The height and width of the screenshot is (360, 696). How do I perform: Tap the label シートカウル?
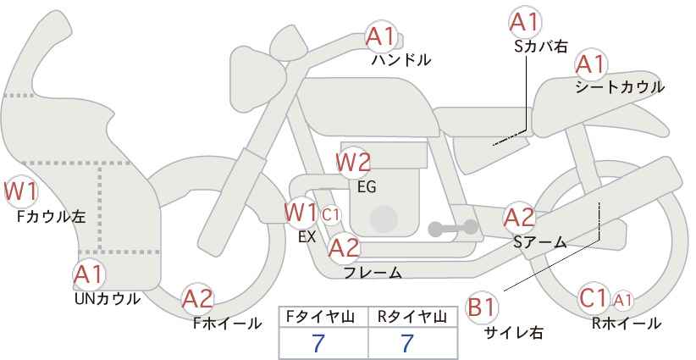coord(619,86)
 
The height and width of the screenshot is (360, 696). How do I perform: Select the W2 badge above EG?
coord(353,161)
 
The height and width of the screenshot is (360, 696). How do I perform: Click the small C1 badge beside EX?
coord(331,213)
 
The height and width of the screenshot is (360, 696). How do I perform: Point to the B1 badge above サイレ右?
coord(484,307)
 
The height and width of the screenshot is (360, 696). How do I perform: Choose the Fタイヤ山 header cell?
coord(323,316)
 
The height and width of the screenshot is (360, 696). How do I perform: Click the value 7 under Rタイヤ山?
coord(406,343)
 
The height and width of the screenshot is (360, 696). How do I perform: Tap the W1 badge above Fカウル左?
coord(20,191)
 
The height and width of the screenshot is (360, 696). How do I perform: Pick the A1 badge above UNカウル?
coord(89,274)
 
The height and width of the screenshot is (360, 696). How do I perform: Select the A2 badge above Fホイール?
coord(198,298)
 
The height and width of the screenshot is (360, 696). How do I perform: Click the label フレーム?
coord(373,272)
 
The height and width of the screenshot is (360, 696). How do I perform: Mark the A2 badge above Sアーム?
coord(519,218)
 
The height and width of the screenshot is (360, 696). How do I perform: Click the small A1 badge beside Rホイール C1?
coord(622,299)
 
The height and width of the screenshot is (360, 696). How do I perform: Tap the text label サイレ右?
coord(513,332)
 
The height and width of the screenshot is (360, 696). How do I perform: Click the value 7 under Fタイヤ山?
coord(318,343)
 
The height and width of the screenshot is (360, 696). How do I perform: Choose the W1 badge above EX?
coord(301,210)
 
